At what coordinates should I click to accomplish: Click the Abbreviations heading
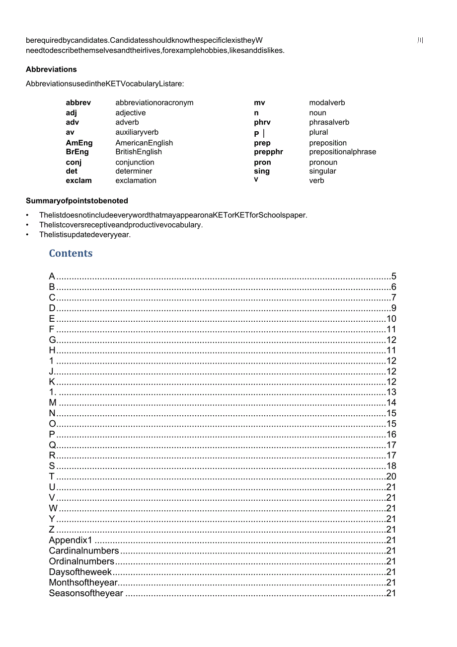[x=51, y=69]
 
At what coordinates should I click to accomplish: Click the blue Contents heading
[x=71, y=253]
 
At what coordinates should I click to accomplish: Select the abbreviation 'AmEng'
[x=79, y=143]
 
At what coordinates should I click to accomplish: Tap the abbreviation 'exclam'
[x=78, y=181]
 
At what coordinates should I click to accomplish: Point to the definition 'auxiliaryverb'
[x=137, y=132]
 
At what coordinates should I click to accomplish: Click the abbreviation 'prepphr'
[x=268, y=152]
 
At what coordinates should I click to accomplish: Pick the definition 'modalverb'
[x=327, y=102]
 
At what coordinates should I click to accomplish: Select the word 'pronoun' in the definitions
[x=323, y=162]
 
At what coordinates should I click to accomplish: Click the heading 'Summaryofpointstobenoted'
[x=77, y=201]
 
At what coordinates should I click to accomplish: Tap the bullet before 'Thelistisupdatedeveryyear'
[x=27, y=235]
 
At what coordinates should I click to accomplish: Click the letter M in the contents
[x=53, y=403]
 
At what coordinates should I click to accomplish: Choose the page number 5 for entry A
[x=393, y=277]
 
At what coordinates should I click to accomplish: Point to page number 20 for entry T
[x=391, y=477]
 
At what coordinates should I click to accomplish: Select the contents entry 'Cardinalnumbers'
[x=83, y=551]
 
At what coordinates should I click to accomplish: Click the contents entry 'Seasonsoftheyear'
[x=85, y=593]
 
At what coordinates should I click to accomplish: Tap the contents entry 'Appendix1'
[x=71, y=540]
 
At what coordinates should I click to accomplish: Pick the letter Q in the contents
[x=52, y=445]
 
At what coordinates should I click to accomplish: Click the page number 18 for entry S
[x=391, y=466]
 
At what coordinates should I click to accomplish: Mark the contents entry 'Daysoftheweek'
[x=80, y=572]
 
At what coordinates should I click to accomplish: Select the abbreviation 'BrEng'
[x=77, y=152]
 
